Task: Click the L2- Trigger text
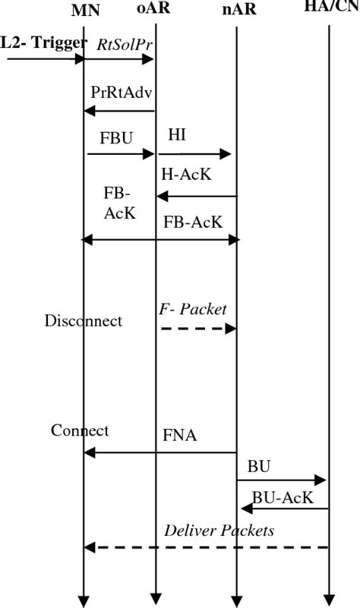tap(43, 43)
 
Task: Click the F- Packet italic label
tap(193, 308)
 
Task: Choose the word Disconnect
tap(83, 321)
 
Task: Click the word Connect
tap(80, 430)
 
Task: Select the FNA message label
tap(182, 437)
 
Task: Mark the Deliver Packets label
tap(219, 531)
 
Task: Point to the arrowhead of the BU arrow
tap(322, 480)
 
